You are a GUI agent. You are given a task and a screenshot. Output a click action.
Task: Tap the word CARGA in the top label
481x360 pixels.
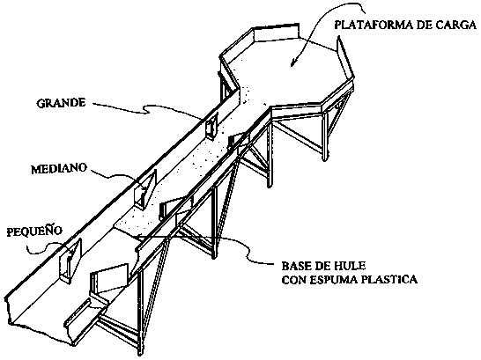coord(455,26)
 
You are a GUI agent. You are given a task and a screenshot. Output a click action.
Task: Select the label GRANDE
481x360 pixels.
coord(61,103)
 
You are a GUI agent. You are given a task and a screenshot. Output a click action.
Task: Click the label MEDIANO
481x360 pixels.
coord(59,169)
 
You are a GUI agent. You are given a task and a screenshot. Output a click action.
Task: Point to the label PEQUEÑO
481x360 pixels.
coord(34,231)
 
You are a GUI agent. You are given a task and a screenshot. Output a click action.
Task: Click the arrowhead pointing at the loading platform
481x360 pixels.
coord(293,62)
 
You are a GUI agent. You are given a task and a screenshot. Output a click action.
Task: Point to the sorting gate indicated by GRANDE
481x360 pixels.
coord(212,126)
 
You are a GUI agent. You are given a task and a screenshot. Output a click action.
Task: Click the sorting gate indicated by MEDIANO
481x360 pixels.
coord(145,189)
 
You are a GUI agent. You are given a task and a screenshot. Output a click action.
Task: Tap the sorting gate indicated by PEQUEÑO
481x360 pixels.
coord(70,261)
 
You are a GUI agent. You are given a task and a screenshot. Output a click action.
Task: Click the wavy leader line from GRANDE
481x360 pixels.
coord(147,110)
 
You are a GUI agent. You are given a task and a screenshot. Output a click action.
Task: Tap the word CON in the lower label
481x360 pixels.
coord(294,280)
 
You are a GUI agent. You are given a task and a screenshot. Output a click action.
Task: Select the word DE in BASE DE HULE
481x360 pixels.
coord(322,265)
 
